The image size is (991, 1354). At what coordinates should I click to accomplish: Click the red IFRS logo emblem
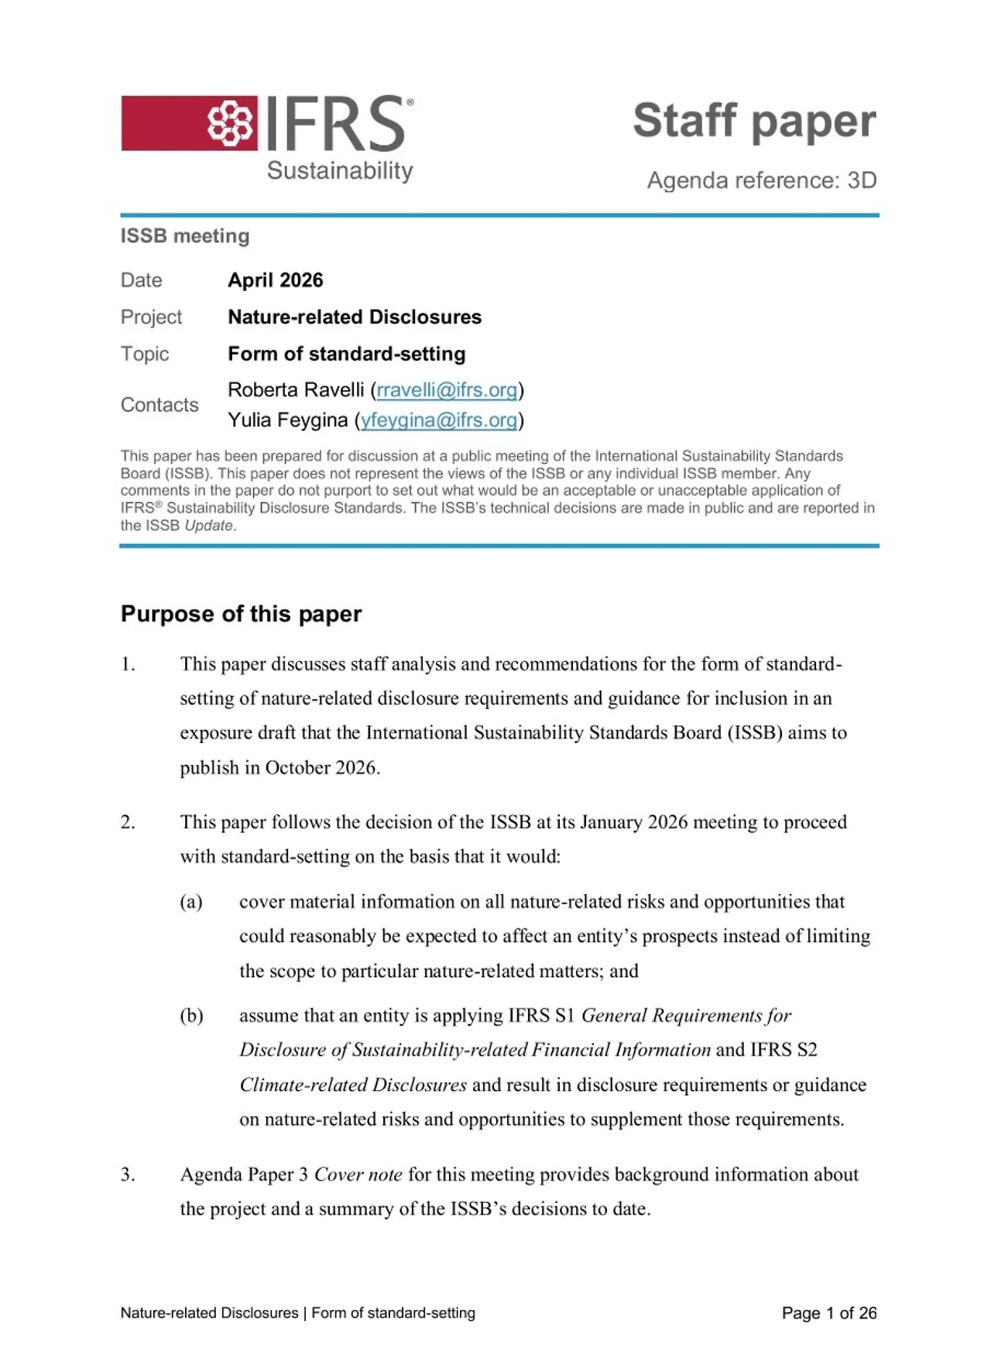coord(230,123)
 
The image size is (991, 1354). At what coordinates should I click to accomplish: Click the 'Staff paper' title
coord(754,122)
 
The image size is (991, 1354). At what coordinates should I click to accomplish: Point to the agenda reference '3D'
coord(862,180)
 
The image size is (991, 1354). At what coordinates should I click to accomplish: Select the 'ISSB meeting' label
coord(185,236)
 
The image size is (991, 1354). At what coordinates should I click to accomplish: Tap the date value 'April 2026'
coord(275,280)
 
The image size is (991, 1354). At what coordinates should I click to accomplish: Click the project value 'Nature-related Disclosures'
coord(354,317)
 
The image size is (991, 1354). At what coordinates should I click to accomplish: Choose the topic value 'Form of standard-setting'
coord(346,354)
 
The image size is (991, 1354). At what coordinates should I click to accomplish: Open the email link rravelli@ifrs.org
coord(447,390)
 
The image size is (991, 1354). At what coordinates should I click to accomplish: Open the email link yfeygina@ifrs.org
coord(439,420)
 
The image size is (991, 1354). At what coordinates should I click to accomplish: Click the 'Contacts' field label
coord(159,405)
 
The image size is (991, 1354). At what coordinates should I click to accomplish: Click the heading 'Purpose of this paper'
coord(241,614)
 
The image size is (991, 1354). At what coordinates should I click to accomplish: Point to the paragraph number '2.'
coord(129,822)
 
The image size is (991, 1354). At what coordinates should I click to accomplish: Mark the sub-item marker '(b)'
coord(191,1016)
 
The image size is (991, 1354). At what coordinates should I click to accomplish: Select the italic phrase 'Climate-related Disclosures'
coord(353,1085)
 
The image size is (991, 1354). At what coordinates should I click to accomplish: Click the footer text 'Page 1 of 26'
coord(828,1313)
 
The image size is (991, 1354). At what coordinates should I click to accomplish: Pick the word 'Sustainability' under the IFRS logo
coord(340,170)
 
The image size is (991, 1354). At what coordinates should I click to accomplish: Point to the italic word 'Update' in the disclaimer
coord(208,526)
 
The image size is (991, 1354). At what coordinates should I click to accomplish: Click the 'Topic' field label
coord(145,354)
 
